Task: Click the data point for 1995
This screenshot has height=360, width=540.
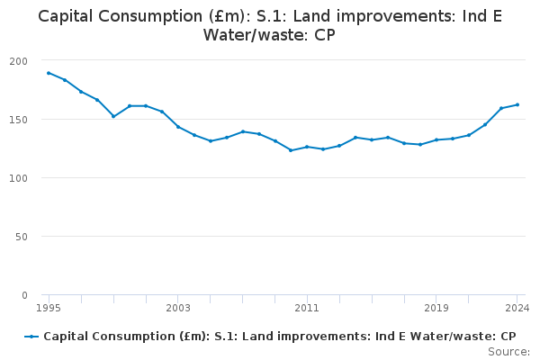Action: pos(49,73)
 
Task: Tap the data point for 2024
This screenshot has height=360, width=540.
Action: pos(517,104)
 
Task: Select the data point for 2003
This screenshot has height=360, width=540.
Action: pos(178,126)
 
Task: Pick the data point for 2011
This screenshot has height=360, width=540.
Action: pos(307,147)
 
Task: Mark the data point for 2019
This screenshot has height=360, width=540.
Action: pos(436,139)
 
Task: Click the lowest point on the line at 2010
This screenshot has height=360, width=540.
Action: pos(291,150)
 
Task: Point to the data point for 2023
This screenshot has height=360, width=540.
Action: pos(501,108)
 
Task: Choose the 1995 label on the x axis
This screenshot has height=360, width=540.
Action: pos(49,308)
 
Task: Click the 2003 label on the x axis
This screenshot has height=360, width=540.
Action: pos(178,308)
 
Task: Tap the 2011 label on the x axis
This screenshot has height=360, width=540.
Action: pos(307,308)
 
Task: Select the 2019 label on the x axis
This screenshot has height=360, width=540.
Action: pos(436,308)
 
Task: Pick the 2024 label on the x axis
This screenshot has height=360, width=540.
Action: pos(517,308)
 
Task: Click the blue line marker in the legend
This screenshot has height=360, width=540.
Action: pos(31,337)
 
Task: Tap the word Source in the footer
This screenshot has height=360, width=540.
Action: pos(508,352)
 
